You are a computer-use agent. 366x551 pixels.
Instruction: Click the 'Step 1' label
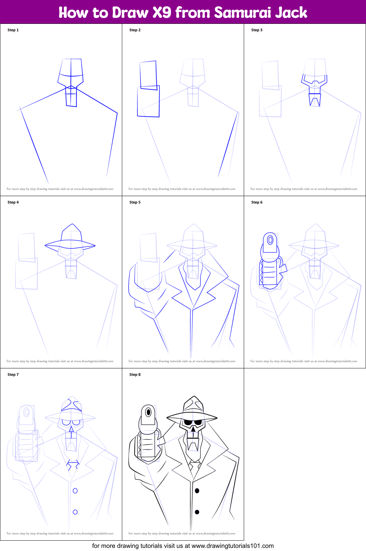point(13,30)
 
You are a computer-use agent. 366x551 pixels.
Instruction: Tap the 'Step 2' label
point(135,30)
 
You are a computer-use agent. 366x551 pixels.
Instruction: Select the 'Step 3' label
point(257,30)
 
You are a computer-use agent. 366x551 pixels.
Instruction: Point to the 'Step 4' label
point(13,202)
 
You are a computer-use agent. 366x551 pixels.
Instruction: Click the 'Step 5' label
point(135,202)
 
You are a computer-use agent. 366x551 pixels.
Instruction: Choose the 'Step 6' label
point(257,202)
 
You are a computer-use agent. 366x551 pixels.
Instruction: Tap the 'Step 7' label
point(13,375)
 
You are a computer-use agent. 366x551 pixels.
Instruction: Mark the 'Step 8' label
point(135,375)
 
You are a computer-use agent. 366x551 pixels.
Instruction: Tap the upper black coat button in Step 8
point(197,491)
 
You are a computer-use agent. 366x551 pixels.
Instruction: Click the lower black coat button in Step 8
point(197,512)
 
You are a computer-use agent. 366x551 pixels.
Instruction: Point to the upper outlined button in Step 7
point(75,491)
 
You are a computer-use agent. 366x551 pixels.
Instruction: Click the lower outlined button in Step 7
point(75,512)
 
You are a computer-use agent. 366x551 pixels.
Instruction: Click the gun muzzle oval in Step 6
point(270,240)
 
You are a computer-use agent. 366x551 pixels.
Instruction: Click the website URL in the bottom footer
point(232,546)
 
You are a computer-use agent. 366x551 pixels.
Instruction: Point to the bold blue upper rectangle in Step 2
point(148,75)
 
